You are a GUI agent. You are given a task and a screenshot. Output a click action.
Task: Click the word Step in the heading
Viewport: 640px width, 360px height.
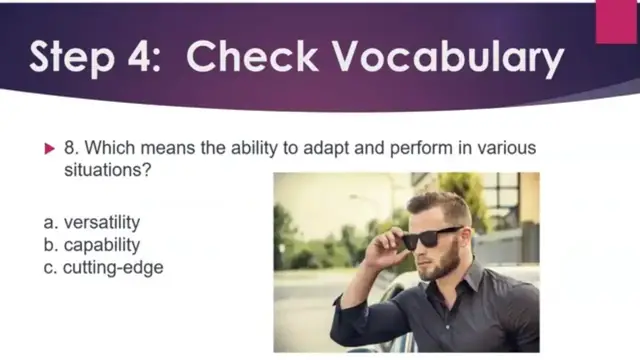pyautogui.click(x=71, y=57)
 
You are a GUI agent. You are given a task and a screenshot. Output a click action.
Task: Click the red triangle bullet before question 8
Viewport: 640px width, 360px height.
pyautogui.click(x=51, y=149)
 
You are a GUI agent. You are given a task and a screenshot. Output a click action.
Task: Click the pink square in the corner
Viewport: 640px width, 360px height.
pyautogui.click(x=616, y=21)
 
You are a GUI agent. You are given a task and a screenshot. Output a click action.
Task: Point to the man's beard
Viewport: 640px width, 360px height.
pyautogui.click(x=444, y=268)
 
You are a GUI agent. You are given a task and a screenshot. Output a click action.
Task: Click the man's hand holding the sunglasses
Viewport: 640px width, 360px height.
pyautogui.click(x=388, y=245)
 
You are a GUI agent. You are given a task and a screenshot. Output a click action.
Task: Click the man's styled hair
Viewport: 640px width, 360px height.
pyautogui.click(x=440, y=206)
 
